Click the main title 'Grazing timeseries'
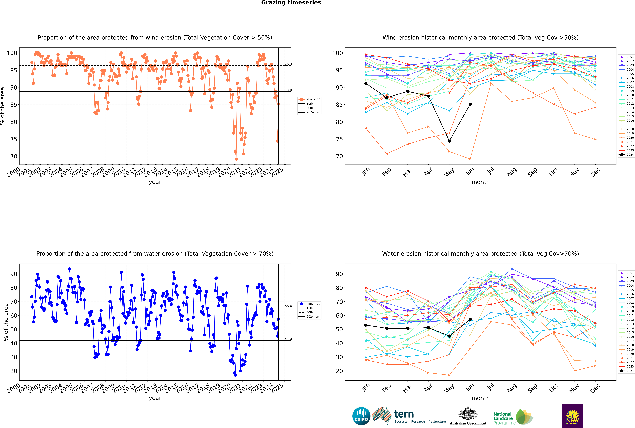tap(291, 3)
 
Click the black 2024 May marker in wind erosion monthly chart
tap(449, 141)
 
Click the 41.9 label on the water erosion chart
tap(288, 339)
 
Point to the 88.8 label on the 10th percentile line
tap(288, 90)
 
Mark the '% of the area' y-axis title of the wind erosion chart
tap(3, 106)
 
